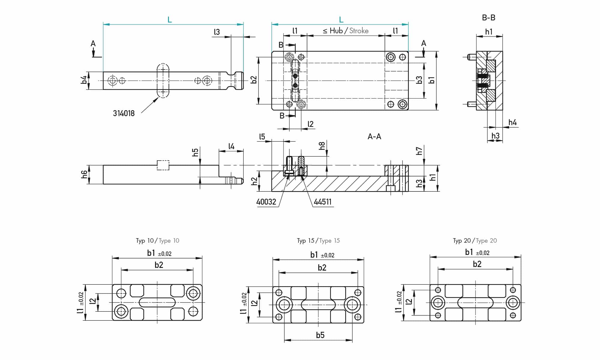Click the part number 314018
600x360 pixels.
pyautogui.click(x=124, y=113)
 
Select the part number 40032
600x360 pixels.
pyautogui.click(x=266, y=202)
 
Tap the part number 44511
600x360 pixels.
pyautogui.click(x=323, y=202)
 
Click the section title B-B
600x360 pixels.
pyautogui.click(x=488, y=18)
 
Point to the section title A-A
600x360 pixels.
pyautogui.click(x=374, y=137)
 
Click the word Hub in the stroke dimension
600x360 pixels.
pyautogui.click(x=336, y=31)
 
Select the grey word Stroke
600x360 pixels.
pyautogui.click(x=359, y=31)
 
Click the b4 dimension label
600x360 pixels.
pyautogui.click(x=84, y=80)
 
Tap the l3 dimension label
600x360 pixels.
pyautogui.click(x=217, y=32)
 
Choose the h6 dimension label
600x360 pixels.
pyautogui.click(x=84, y=174)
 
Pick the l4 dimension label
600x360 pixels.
pyautogui.click(x=231, y=146)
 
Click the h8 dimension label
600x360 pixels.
pyautogui.click(x=322, y=146)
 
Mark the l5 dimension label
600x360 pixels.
pyautogui.click(x=262, y=137)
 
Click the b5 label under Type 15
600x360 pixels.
pyautogui.click(x=320, y=335)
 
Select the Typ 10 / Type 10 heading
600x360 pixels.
pyautogui.click(x=157, y=241)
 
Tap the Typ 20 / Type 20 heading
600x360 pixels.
pyautogui.click(x=475, y=241)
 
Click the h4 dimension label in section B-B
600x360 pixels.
pyautogui.click(x=512, y=122)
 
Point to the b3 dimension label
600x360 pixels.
pyautogui.click(x=419, y=80)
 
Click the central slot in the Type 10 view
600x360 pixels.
pyautogui.click(x=157, y=302)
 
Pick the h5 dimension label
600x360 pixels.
pyautogui.click(x=195, y=152)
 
